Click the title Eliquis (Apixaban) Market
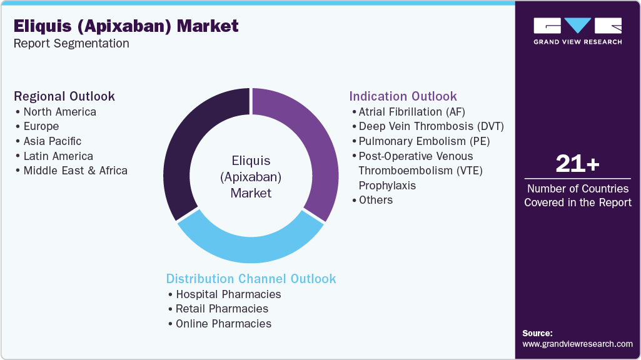tap(126, 26)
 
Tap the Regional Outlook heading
tap(64, 96)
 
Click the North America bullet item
tap(59, 112)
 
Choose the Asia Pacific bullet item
tap(52, 141)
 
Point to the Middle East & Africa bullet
tap(75, 171)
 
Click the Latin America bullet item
tap(58, 156)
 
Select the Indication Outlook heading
tap(403, 96)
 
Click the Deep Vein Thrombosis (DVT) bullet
tap(431, 126)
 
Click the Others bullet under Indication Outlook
tap(375, 200)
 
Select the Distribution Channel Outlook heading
tap(251, 279)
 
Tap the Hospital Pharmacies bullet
tap(228, 294)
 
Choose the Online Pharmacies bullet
tap(223, 324)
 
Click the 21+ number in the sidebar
tap(577, 164)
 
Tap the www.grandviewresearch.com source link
tap(577, 344)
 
